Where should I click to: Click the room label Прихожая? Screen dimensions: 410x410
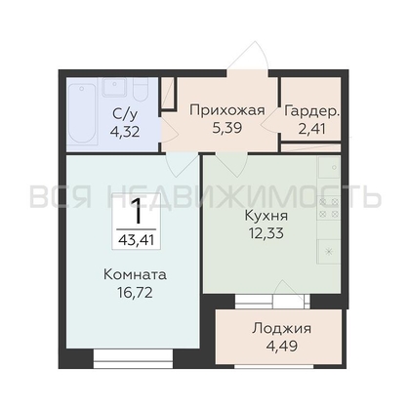(x=227, y=110)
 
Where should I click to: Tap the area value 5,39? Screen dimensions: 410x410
(x=227, y=128)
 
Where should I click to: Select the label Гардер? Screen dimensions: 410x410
(x=311, y=111)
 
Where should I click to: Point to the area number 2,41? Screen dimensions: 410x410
(x=311, y=129)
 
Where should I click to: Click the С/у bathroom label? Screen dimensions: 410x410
(x=125, y=114)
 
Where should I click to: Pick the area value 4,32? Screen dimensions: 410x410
(x=125, y=132)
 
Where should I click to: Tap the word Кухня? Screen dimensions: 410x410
(x=266, y=216)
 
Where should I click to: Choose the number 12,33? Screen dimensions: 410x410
(x=266, y=233)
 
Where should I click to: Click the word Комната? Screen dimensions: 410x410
(x=135, y=275)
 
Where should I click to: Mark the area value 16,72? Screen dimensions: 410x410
(x=135, y=293)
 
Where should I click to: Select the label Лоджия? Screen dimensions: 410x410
(x=281, y=329)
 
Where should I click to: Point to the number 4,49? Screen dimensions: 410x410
(x=282, y=346)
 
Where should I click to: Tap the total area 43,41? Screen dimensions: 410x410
(x=137, y=240)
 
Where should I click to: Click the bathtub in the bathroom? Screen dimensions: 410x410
(x=83, y=113)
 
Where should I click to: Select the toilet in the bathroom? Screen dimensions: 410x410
(x=141, y=89)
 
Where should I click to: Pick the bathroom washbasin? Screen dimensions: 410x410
(x=114, y=87)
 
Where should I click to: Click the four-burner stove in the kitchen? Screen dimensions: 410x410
(x=329, y=208)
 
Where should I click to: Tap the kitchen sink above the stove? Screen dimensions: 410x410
(x=329, y=167)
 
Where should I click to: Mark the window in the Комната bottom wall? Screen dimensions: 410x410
(x=133, y=359)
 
